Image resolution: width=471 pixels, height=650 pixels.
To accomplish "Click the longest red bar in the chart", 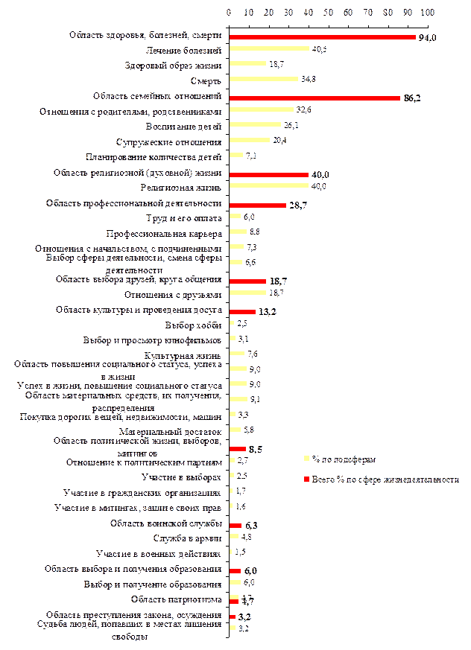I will pos(322,36).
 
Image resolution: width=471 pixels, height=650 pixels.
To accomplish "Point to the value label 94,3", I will pos(426,37).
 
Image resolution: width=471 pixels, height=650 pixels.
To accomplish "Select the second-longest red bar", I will pos(315,98).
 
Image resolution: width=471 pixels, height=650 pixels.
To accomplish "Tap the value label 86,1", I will pos(411,98).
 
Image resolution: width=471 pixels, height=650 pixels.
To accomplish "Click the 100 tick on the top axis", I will pos(427,13).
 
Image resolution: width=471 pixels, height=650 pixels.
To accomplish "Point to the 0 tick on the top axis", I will pos(230,13).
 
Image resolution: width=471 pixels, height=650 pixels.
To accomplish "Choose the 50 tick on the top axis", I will pos(329,13).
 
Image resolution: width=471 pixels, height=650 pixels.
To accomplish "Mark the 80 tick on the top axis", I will pos(388,13).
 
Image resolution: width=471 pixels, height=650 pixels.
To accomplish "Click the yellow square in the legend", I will pos(306,459).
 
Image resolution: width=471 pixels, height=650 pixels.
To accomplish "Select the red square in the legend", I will pos(306,479).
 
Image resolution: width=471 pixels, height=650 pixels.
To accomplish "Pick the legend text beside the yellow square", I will pos(344,459).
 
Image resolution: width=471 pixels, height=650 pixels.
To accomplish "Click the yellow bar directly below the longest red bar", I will pos(269,48).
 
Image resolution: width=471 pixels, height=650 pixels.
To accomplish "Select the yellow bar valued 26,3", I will pos(255,124).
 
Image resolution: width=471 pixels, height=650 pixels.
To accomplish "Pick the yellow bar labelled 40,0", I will pos(269,185).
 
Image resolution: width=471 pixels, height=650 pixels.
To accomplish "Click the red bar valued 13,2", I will pos(242,311).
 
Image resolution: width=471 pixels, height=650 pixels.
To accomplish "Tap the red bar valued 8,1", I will pos(238,449).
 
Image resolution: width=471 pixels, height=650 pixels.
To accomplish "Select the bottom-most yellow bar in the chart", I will pos(233,628).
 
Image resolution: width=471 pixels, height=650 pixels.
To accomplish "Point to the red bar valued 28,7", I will pos(258,205).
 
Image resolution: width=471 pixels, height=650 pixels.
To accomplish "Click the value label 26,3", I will pos(291,124).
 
